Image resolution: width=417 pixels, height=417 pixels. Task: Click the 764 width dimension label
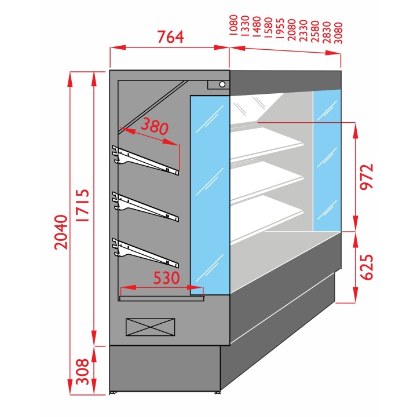click(170, 36)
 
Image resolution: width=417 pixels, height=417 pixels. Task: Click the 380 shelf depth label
click(155, 126)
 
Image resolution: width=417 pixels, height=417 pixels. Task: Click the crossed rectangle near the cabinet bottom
click(150, 326)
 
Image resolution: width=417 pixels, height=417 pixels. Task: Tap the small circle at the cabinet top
click(222, 85)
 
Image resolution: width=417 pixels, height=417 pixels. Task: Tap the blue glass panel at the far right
click(327, 162)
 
